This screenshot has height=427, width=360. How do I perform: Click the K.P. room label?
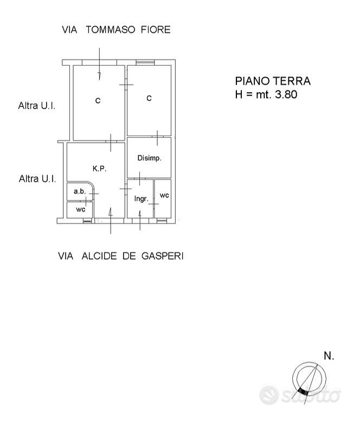coord(99,169)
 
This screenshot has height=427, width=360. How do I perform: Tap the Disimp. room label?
coord(149,158)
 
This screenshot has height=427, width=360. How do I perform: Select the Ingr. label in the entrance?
coord(141,199)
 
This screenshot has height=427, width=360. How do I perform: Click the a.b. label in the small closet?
coord(80,191)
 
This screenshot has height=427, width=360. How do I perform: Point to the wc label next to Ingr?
coord(164,195)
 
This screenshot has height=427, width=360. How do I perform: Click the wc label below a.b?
coord(81,209)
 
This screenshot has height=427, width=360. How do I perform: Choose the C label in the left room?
coord(98,100)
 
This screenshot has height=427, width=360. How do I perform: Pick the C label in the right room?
coord(149,98)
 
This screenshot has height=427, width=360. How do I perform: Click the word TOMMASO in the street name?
coord(111,29)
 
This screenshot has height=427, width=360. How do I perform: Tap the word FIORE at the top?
coord(156,29)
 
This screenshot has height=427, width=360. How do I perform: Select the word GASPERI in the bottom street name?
coord(163,256)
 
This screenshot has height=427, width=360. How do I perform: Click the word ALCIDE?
coord(99,256)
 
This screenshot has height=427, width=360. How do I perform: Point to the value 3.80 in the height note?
coord(286,94)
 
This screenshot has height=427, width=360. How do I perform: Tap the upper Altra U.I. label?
coord(37,106)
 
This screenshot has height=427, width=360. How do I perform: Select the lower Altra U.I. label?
coord(37,179)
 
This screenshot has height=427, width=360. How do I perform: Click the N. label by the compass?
coord(329,355)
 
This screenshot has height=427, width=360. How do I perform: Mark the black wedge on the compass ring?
coord(303,392)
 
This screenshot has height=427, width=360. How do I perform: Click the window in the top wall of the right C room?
coord(145,62)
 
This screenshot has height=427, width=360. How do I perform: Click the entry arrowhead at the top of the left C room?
coord(99,76)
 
